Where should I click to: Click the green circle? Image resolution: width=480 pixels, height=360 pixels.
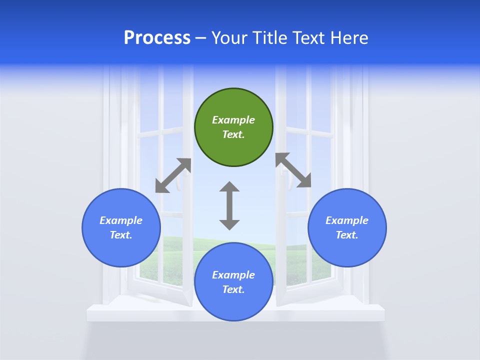click(233, 127)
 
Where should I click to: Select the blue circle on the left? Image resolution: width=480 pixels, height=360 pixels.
click(121, 227)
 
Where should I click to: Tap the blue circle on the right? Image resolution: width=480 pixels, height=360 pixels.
click(347, 227)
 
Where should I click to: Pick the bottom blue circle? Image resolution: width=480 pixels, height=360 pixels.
click(233, 282)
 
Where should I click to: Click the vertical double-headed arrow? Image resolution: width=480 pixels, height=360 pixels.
click(229, 206)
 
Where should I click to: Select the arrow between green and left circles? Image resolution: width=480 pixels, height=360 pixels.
click(173, 175)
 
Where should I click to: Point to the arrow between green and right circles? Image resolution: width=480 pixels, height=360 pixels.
click(293, 170)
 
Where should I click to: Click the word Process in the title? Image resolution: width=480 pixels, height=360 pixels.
click(157, 37)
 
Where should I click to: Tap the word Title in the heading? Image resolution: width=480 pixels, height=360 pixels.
click(269, 37)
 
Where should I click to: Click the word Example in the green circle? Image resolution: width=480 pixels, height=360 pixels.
click(233, 120)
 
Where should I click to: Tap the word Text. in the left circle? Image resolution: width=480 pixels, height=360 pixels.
click(121, 235)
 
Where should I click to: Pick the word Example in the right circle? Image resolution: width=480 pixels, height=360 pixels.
click(347, 220)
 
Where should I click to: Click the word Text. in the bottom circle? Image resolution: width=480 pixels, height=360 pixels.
click(233, 289)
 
